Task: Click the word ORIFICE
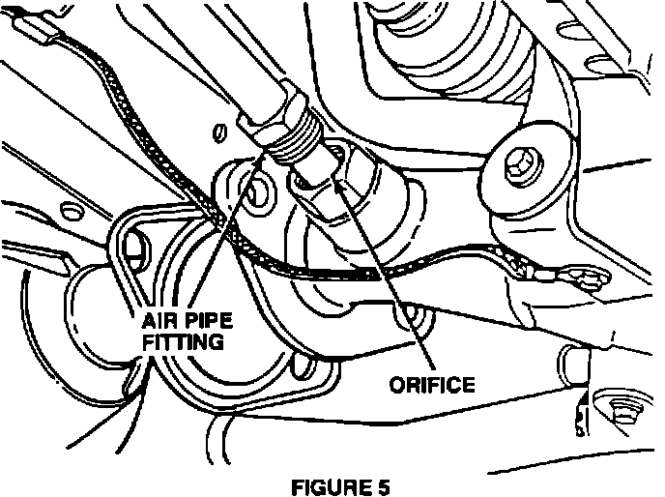(432, 385)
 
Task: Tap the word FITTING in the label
(183, 341)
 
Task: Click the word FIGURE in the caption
(325, 484)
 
